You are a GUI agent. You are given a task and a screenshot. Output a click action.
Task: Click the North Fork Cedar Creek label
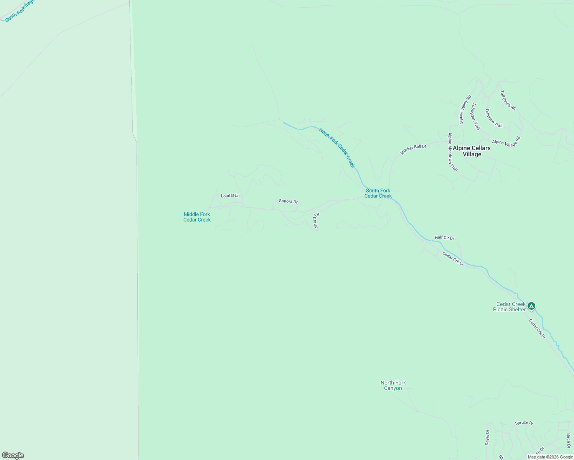click(337, 148)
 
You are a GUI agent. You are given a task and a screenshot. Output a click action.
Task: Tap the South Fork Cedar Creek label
click(378, 193)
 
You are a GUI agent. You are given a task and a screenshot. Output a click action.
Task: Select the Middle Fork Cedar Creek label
click(197, 217)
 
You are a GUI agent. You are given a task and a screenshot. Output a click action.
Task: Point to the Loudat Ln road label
click(230, 195)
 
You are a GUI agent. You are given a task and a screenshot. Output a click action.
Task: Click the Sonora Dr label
click(288, 201)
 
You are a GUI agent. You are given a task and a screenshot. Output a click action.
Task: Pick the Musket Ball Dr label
click(413, 149)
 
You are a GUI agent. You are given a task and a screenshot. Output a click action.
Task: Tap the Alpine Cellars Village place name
click(472, 151)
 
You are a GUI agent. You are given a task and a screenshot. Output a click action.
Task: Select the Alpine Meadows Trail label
click(453, 152)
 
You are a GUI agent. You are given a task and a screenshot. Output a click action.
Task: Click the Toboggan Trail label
click(476, 116)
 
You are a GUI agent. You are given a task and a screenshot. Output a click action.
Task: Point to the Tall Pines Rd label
click(508, 100)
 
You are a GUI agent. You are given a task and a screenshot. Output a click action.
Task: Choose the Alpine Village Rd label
click(506, 141)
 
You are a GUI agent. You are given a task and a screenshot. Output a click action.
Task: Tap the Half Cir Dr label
click(444, 238)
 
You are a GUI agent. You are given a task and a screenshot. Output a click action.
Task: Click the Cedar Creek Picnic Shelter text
click(510, 307)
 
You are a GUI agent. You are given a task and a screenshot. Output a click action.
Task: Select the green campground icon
click(531, 306)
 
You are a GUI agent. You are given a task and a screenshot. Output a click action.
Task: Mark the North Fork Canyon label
click(393, 385)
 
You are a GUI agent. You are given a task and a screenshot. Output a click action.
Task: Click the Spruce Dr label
click(524, 423)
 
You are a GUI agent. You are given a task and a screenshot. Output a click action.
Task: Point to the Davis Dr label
click(487, 437)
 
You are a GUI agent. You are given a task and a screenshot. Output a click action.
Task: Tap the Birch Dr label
click(568, 440)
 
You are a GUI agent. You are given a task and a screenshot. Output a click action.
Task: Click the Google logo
click(13, 455)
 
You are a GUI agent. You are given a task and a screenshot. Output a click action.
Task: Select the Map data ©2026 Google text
click(550, 457)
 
